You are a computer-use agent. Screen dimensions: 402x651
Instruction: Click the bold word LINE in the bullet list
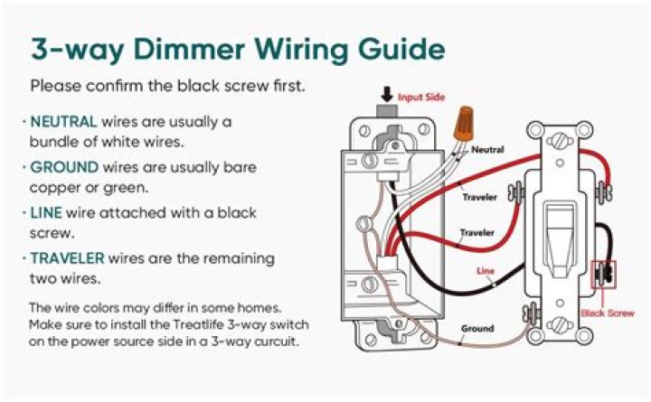point(47,213)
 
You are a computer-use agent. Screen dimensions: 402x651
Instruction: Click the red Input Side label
point(422,96)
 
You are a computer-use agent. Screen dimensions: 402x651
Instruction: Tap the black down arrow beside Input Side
point(387,93)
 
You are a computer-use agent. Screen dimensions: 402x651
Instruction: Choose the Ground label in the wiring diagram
point(476,328)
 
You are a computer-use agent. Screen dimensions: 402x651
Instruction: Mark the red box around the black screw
point(602,275)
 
